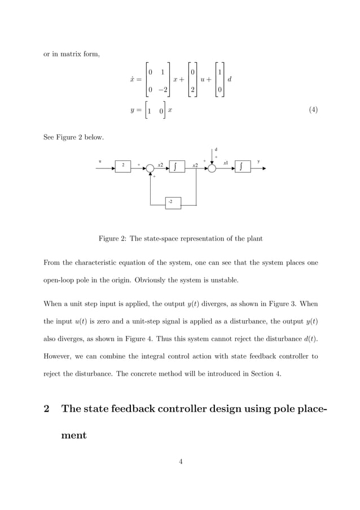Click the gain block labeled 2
coord(122,167)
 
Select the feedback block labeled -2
coord(173,202)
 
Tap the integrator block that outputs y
coord(243,167)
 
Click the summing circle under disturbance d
coord(212,168)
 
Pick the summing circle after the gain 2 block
coord(150,168)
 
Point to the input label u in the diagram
coord(100,162)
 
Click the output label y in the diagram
coord(258,162)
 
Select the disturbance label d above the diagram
coord(216,150)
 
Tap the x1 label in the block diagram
coord(226,163)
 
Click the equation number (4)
coord(313,110)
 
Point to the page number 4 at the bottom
coord(180,462)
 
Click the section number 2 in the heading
coord(47,409)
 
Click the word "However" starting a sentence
coord(60,356)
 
